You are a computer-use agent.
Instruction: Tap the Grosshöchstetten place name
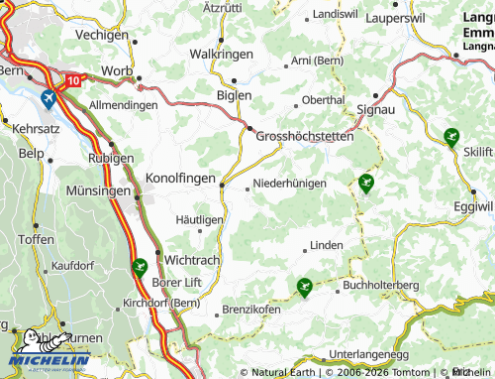coord(305,137)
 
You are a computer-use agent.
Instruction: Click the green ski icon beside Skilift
coord(451,137)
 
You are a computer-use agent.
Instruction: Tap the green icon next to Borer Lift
coord(139,266)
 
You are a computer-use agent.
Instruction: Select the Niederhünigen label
coord(290,184)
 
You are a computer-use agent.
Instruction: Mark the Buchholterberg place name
coord(380,286)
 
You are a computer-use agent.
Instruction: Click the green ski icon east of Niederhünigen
coord(366,182)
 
